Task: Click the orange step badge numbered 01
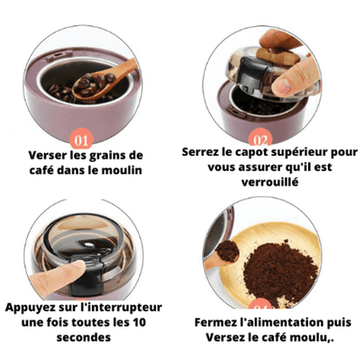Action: click(x=81, y=139)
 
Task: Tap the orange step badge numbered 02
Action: click(x=261, y=138)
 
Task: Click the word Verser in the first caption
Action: click(x=48, y=155)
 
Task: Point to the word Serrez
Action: click(x=200, y=152)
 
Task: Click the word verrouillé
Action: click(x=270, y=182)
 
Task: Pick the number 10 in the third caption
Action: click(x=139, y=322)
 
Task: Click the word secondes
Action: click(x=84, y=337)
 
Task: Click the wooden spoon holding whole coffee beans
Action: click(x=104, y=80)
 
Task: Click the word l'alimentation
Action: click(x=280, y=322)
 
